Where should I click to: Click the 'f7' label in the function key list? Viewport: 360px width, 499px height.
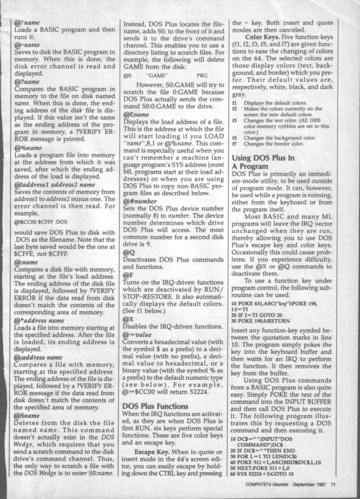pyautogui.click(x=234, y=144)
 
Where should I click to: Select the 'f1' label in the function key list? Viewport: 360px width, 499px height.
pyautogui.click(x=234, y=102)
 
